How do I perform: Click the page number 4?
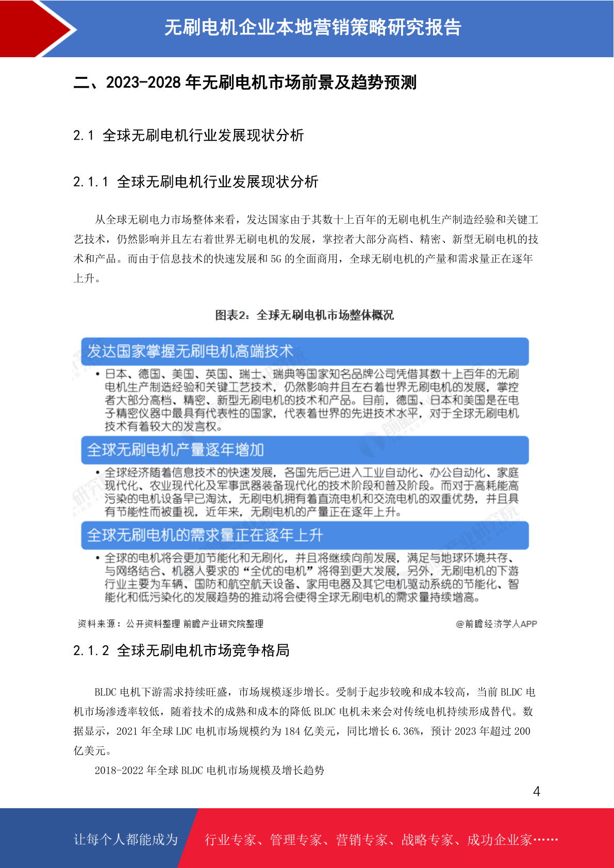pyautogui.click(x=536, y=791)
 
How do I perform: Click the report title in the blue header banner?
pyautogui.click(x=312, y=28)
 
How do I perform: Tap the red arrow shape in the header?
pyautogui.click(x=36, y=28)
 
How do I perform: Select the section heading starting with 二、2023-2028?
pyautogui.click(x=245, y=82)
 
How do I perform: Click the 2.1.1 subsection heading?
pyautogui.click(x=195, y=182)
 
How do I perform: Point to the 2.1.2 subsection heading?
pyautogui.click(x=181, y=650)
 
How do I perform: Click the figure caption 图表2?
pyautogui.click(x=304, y=315)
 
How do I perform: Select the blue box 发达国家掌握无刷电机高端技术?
pyautogui.click(x=305, y=352)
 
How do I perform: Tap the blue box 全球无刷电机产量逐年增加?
pyautogui.click(x=305, y=450)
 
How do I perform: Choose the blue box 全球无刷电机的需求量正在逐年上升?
pyautogui.click(x=305, y=535)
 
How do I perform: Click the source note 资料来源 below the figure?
pyautogui.click(x=170, y=624)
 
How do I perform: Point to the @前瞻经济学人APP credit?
pyautogui.click(x=496, y=624)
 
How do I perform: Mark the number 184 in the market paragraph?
pyautogui.click(x=292, y=731)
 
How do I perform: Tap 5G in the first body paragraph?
pyautogui.click(x=276, y=259)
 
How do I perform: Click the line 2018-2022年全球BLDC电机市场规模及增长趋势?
pyautogui.click(x=209, y=770)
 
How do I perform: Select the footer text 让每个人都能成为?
pyautogui.click(x=126, y=840)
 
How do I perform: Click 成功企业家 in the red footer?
pyautogui.click(x=499, y=840)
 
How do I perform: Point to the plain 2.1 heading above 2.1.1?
pyautogui.click(x=188, y=136)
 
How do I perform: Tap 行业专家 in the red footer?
pyautogui.click(x=230, y=840)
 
